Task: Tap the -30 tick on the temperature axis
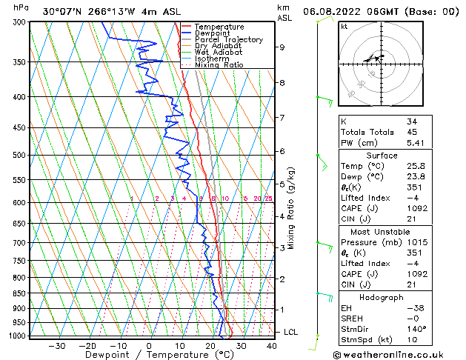tap(57, 346)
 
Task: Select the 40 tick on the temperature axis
tap(272, 346)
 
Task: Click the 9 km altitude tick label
tap(282, 47)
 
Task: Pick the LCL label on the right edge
tap(290, 332)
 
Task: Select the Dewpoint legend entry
tap(213, 33)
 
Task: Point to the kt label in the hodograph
tap(344, 26)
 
